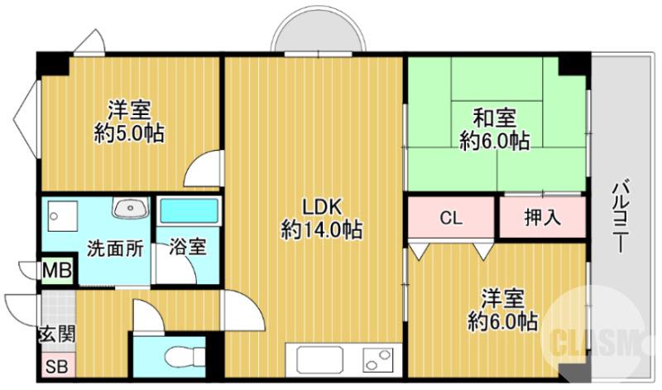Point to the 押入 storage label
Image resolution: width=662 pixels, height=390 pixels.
(x=542, y=218)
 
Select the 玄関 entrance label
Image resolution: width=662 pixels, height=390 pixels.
(x=57, y=335)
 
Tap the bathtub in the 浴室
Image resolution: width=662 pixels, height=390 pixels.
(x=189, y=210)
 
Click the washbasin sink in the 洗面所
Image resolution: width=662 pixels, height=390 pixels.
(x=128, y=208)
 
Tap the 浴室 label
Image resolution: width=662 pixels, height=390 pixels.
(x=189, y=246)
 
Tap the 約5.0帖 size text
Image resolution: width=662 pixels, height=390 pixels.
(x=128, y=132)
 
